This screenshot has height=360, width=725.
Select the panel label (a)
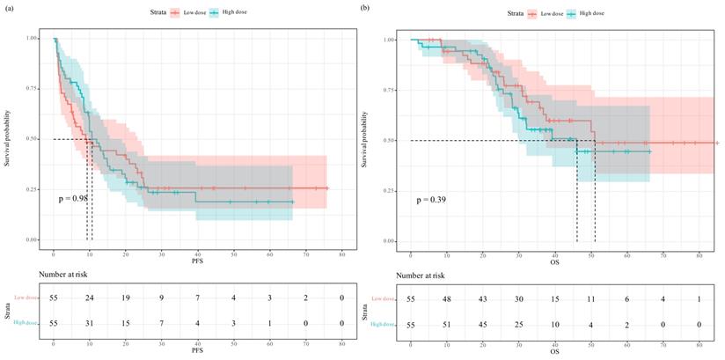tap(8, 7)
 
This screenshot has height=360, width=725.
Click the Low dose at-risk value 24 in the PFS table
tap(90, 300)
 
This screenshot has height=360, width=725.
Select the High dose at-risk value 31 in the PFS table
tap(90, 325)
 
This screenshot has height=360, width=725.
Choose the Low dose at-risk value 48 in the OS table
tap(447, 300)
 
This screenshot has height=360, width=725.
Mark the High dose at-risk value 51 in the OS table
tap(447, 325)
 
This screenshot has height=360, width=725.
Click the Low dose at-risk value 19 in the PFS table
tap(126, 300)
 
